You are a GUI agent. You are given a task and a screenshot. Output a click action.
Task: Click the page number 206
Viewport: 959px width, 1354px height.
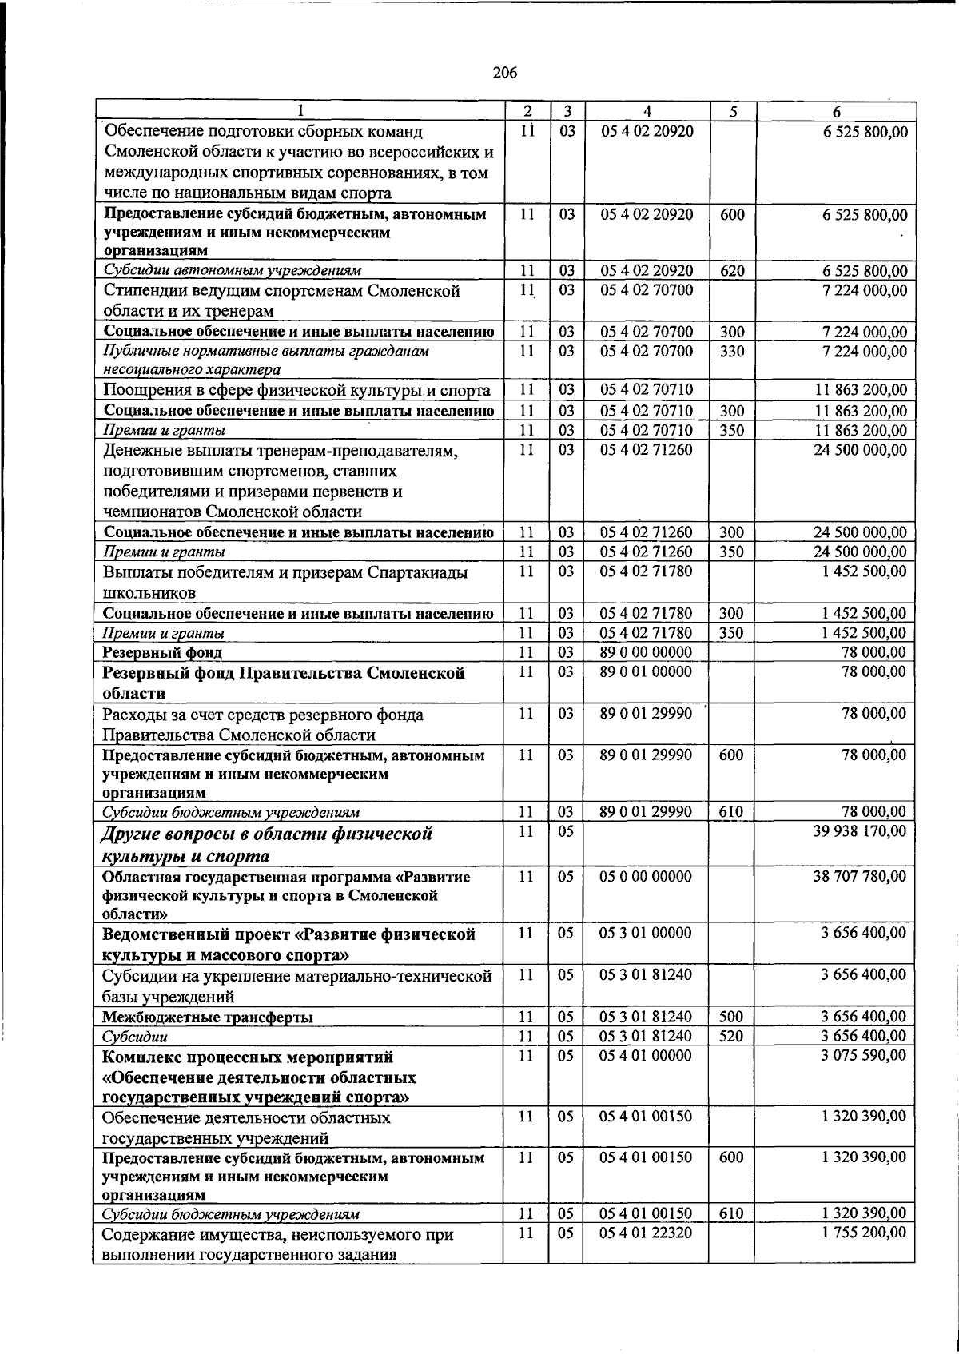504,74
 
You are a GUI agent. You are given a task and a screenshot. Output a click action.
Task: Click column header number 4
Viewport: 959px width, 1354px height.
647,112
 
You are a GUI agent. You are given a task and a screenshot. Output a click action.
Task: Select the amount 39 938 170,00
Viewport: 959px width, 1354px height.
860,831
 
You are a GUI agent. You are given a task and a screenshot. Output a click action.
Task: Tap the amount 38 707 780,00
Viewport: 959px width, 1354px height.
860,876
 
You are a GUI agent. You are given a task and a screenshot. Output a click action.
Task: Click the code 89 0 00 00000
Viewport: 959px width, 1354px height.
646,652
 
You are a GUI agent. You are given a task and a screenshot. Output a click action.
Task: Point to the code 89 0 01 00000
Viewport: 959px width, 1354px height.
646,671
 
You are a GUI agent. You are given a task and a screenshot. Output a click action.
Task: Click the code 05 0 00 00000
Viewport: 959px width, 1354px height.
646,876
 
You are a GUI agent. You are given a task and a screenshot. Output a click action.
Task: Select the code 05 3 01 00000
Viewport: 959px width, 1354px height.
646,932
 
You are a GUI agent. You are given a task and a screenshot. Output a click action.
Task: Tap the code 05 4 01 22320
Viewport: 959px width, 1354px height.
646,1255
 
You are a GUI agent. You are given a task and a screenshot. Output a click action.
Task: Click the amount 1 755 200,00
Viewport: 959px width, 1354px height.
864,1255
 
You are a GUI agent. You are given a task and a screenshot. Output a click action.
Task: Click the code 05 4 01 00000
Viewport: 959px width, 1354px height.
646,1055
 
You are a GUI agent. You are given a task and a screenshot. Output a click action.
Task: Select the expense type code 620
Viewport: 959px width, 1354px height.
731,270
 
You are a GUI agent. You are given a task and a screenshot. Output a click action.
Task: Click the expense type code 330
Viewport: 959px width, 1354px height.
731,350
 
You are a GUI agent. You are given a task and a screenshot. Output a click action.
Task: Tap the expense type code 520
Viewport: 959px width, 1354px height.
731,1036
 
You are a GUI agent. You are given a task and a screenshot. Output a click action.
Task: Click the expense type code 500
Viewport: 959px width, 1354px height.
731,1017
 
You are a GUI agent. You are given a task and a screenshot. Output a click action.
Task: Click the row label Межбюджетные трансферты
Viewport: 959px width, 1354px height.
207,1017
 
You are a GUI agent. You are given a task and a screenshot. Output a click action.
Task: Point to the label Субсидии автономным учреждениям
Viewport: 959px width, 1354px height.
233,270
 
